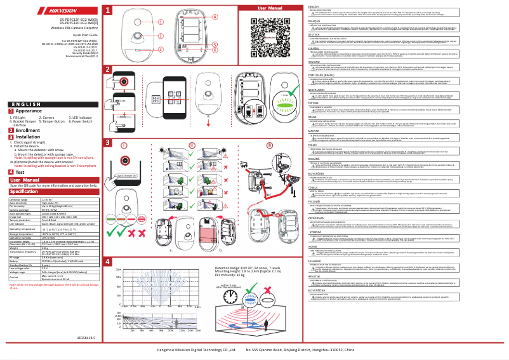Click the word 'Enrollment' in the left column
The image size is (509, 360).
point(30,130)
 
